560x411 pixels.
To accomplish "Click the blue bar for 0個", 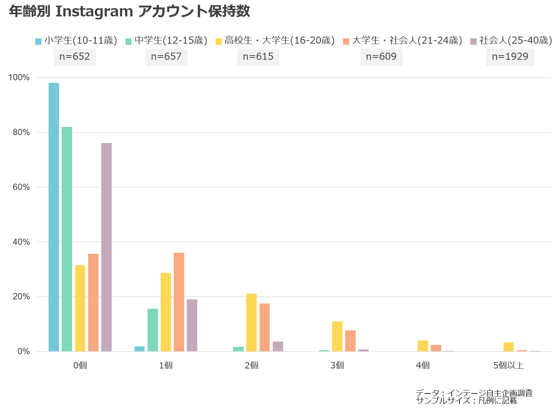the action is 54,217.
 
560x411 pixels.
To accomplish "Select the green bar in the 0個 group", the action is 67,239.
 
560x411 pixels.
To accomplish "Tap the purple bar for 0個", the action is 106,247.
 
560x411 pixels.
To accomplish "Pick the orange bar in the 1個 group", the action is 179,302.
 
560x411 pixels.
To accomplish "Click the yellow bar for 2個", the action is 251,323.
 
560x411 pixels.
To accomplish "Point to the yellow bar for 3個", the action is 337,336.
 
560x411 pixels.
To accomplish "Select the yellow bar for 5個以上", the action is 508,347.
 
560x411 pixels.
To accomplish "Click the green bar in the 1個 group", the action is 153,330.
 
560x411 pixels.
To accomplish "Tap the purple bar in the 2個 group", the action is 278,346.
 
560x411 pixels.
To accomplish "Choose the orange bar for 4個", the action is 436,348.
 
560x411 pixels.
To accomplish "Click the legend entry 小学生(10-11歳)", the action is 76,40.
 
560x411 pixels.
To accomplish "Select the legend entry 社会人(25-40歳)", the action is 511,40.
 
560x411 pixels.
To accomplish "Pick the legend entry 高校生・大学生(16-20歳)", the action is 275,40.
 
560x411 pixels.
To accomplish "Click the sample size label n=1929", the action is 510,57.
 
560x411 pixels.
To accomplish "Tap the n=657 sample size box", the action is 166,57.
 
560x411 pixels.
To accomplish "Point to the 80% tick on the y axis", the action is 21,132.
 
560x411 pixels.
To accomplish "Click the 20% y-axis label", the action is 21,296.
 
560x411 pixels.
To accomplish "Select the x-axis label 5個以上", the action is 508,365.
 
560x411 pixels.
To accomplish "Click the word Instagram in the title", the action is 94,12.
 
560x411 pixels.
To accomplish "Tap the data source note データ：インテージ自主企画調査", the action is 474,393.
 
